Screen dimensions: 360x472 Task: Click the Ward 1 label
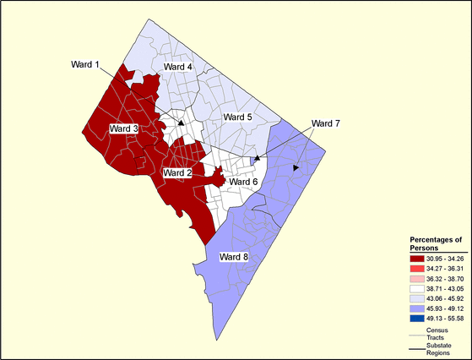(x=85, y=64)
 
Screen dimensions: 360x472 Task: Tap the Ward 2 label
(x=178, y=172)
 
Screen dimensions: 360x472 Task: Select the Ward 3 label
(x=124, y=128)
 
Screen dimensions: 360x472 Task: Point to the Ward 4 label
(x=177, y=67)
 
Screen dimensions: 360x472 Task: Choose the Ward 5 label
(x=237, y=117)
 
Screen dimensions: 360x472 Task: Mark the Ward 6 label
(x=243, y=182)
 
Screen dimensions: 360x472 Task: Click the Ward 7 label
(x=325, y=124)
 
